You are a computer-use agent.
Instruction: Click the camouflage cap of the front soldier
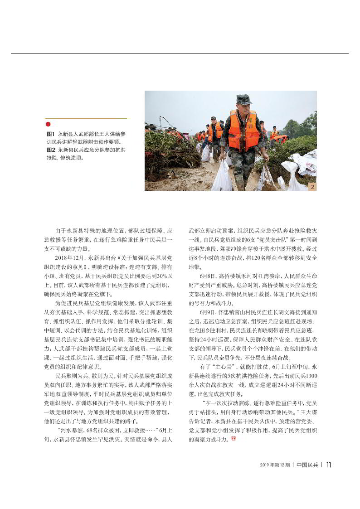tap(244, 100)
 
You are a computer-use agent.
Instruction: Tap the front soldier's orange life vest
tap(243, 131)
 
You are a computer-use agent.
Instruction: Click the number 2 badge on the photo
tap(312, 186)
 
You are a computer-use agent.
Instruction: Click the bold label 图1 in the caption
tap(51, 135)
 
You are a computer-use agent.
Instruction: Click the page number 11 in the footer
tap(329, 465)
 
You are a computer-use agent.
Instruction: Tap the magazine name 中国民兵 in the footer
tap(307, 465)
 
